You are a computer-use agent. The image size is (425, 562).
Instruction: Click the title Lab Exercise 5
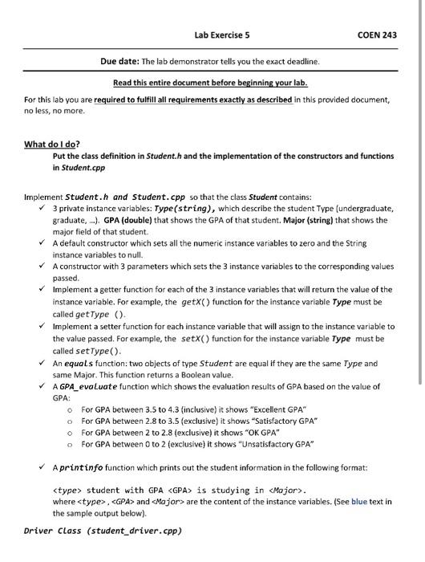coord(222,35)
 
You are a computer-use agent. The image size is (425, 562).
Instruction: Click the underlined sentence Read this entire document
coord(211,83)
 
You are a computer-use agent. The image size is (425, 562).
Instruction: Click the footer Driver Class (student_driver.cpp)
coord(103,531)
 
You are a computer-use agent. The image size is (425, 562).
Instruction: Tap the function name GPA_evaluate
coord(89,386)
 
